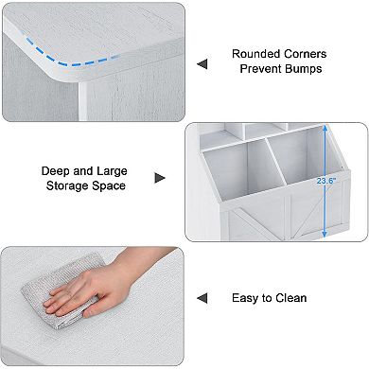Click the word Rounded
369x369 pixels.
255,54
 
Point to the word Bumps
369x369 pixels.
304,69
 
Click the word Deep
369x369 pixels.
56,171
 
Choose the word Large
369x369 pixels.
112,171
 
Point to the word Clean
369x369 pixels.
290,298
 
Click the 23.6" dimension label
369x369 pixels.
326,181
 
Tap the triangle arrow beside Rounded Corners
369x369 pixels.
202,64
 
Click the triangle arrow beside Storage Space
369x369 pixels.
160,178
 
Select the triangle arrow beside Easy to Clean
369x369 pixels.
202,298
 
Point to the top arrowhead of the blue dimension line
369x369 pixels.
325,128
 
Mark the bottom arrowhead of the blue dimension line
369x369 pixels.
325,234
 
